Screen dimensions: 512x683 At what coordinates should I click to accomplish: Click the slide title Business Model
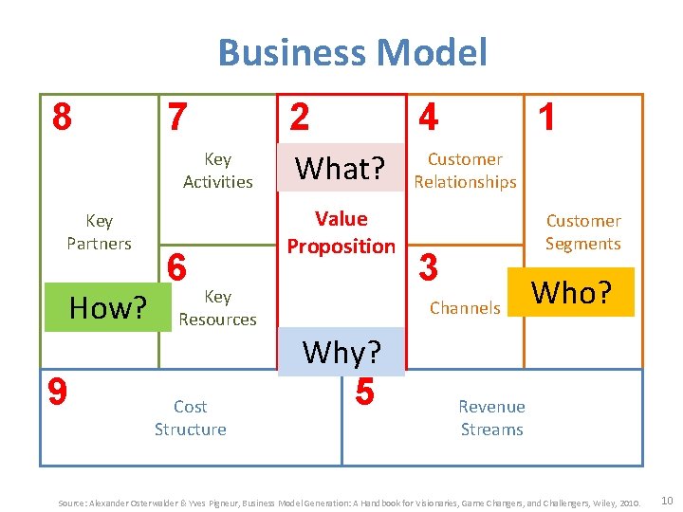pyautogui.click(x=352, y=52)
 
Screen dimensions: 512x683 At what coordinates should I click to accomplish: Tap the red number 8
pyautogui.click(x=62, y=118)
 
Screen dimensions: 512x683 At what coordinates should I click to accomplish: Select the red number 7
pyautogui.click(x=177, y=118)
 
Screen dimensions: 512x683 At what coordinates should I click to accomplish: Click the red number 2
pyautogui.click(x=299, y=118)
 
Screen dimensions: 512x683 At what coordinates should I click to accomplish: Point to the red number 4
pyautogui.click(x=429, y=118)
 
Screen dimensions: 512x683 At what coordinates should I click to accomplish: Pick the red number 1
pyautogui.click(x=546, y=118)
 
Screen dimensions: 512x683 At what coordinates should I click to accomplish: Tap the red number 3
pyautogui.click(x=429, y=267)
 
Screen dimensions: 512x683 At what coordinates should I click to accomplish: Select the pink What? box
pyautogui.click(x=340, y=169)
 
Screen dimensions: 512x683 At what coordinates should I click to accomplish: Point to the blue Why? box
pyautogui.click(x=341, y=352)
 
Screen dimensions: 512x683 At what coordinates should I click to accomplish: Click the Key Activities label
pyautogui.click(x=217, y=171)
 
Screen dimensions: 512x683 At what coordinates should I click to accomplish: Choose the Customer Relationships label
pyautogui.click(x=465, y=171)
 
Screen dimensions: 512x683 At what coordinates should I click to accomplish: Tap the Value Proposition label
pyautogui.click(x=341, y=232)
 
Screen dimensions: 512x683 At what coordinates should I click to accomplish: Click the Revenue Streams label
pyautogui.click(x=491, y=418)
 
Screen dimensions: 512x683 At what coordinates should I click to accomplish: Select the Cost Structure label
pyautogui.click(x=190, y=418)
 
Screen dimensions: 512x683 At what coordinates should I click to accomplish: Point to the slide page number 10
pyautogui.click(x=666, y=499)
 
